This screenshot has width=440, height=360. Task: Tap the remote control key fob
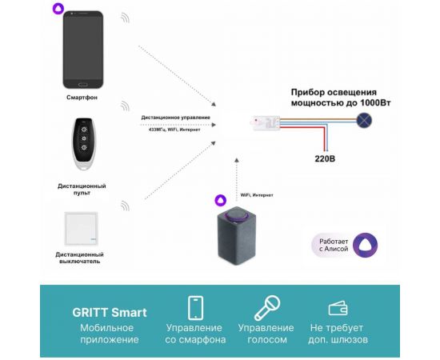coord(83,144)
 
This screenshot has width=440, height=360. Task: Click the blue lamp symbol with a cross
coord(364,121)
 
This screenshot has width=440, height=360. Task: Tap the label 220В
coord(323,158)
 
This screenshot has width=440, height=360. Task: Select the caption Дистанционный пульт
coord(83,190)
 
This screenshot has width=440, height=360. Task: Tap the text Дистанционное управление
coord(176,118)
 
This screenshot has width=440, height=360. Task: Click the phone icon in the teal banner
coord(194,308)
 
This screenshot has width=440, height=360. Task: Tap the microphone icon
coord(265,308)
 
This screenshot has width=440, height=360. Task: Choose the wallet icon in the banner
coord(337,308)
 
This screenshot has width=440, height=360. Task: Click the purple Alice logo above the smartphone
coord(58,9)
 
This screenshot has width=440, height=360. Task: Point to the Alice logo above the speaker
coord(220,200)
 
